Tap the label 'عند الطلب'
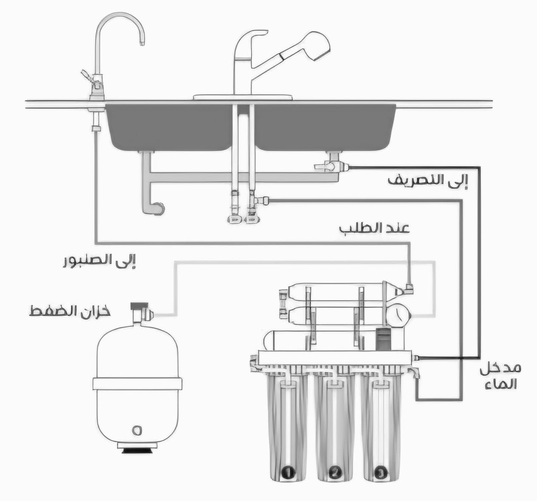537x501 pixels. pos(374,228)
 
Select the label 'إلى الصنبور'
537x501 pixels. pos(99,261)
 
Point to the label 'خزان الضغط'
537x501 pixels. pos(70,311)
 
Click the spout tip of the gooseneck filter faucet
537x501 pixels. pos(142,42)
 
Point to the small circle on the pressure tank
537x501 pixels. pos(136,430)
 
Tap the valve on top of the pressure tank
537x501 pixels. pos(140,312)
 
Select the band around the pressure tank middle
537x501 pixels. pos(137,383)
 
